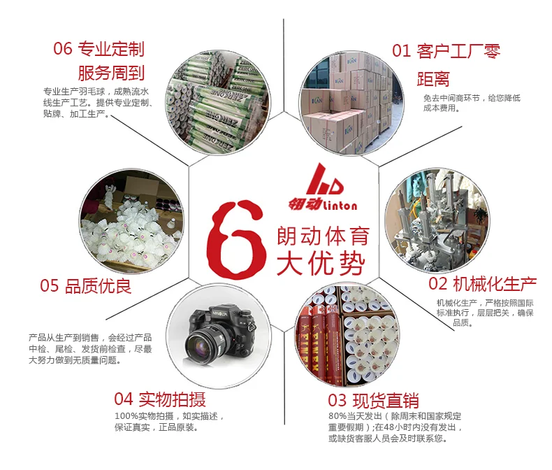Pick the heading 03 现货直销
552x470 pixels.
[373, 400]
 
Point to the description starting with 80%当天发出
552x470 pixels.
[395, 427]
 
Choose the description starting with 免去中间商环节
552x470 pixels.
[472, 103]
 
